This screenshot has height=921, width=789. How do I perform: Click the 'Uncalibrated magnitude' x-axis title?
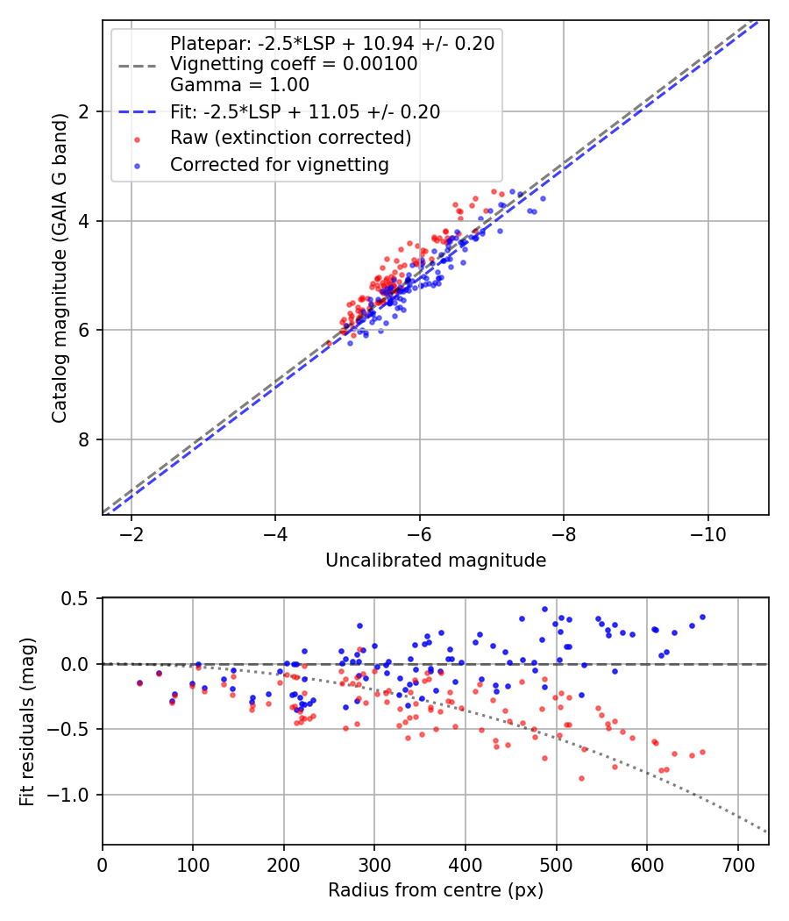tap(436, 560)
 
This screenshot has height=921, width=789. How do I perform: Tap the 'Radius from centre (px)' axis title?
tap(436, 890)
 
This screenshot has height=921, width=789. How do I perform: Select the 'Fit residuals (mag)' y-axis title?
tap(27, 720)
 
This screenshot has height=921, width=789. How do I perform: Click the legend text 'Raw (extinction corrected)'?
tap(290, 138)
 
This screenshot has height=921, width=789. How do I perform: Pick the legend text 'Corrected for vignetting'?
tap(280, 164)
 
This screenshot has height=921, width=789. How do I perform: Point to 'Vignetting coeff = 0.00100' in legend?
tap(294, 64)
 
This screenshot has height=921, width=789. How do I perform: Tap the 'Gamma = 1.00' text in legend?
tap(239, 85)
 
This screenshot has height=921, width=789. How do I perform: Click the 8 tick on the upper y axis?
tap(85, 439)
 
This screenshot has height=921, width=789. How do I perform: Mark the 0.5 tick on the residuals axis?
tap(79, 598)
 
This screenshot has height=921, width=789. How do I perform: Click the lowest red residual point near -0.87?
tap(580, 778)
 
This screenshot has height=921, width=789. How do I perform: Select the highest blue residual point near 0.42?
tap(544, 609)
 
